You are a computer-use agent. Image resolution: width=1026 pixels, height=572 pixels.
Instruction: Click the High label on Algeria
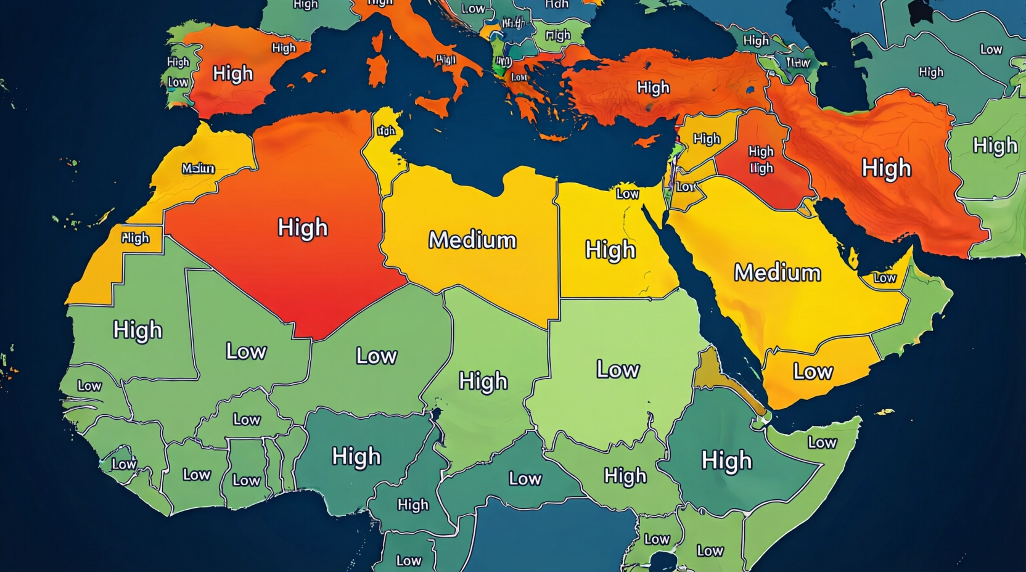click(x=302, y=227)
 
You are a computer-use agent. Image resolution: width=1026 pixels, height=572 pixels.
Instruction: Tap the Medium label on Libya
click(x=472, y=240)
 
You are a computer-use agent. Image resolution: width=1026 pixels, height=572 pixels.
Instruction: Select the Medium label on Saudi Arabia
click(x=777, y=272)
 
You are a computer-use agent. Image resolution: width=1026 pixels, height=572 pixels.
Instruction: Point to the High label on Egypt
click(x=610, y=250)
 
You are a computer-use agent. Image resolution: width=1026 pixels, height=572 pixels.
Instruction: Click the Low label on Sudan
click(x=618, y=369)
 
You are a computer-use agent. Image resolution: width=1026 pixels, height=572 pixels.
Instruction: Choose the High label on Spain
click(x=232, y=74)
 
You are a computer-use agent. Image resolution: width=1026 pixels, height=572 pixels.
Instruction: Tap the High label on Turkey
click(x=653, y=88)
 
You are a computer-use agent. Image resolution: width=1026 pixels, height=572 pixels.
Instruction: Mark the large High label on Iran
click(x=886, y=168)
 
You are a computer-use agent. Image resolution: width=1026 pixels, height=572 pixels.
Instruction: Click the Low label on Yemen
click(x=813, y=371)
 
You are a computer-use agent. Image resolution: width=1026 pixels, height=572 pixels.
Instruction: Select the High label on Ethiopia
click(x=726, y=460)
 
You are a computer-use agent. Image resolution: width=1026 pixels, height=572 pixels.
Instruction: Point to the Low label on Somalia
click(x=822, y=443)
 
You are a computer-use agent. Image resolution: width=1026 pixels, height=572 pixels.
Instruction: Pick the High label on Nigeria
click(x=356, y=457)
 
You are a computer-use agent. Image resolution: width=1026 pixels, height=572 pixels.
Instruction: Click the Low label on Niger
click(x=376, y=356)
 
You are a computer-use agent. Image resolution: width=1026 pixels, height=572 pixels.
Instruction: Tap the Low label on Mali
click(x=246, y=351)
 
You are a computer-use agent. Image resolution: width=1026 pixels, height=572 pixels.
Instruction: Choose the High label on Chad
click(x=483, y=382)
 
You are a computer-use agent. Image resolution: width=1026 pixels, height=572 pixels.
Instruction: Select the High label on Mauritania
click(x=137, y=330)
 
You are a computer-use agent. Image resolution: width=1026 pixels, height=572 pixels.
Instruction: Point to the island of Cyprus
click(x=646, y=142)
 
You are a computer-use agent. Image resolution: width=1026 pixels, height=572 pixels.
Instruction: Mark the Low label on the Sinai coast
click(x=627, y=194)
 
